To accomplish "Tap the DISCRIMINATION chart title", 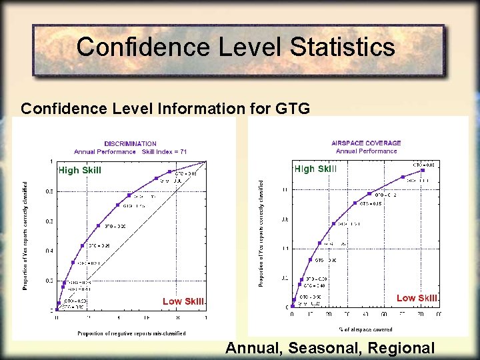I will [x=130, y=143].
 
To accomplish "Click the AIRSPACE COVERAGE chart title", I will [x=366, y=143].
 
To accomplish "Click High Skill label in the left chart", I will [x=80, y=170].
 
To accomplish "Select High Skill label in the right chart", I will [x=315, y=169].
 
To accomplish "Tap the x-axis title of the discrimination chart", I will [x=131, y=333].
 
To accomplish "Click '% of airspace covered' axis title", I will [x=366, y=329].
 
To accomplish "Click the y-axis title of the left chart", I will [x=25, y=237].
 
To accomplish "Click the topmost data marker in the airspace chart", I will [x=423, y=172].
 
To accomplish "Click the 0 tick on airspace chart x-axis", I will [x=291, y=313].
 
